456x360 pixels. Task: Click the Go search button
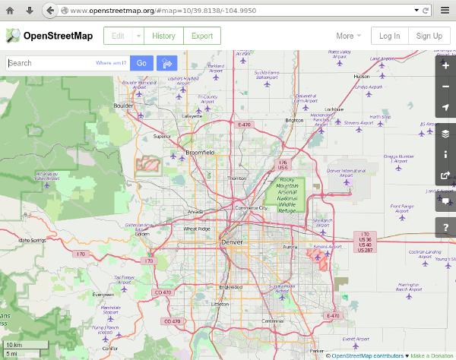pyautogui.click(x=141, y=63)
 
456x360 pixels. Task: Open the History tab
pyautogui.click(x=163, y=36)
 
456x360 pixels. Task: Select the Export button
pyautogui.click(x=202, y=36)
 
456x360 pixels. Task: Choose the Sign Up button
pyautogui.click(x=429, y=36)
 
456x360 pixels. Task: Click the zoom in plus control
pyautogui.click(x=445, y=66)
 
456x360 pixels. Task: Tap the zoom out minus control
pyautogui.click(x=445, y=87)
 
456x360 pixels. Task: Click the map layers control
pyautogui.click(x=445, y=134)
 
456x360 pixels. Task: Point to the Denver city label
pyautogui.click(x=231, y=242)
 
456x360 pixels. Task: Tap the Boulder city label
pyautogui.click(x=123, y=106)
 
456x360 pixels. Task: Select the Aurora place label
pyautogui.click(x=290, y=248)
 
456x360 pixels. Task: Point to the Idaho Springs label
pyautogui.click(x=33, y=240)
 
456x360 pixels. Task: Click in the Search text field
pyautogui.click(x=49, y=63)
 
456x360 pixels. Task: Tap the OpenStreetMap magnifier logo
pyautogui.click(x=13, y=36)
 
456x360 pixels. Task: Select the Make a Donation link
pyautogui.click(x=432, y=355)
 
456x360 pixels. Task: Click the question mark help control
pyautogui.click(x=445, y=226)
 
